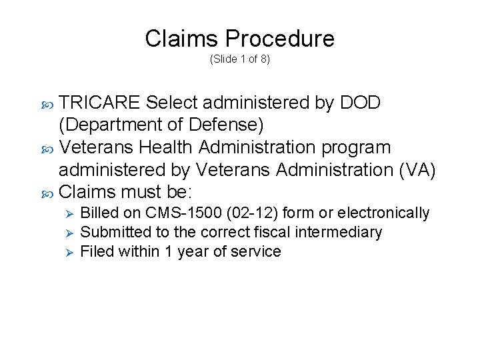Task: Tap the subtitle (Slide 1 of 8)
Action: click(239, 59)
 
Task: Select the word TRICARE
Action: click(99, 103)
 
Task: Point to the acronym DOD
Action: click(360, 103)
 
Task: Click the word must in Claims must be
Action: click(144, 193)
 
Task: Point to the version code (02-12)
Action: click(257, 213)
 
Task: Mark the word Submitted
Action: click(111, 233)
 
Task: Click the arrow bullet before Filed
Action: click(65, 252)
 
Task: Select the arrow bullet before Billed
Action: click(65, 213)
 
